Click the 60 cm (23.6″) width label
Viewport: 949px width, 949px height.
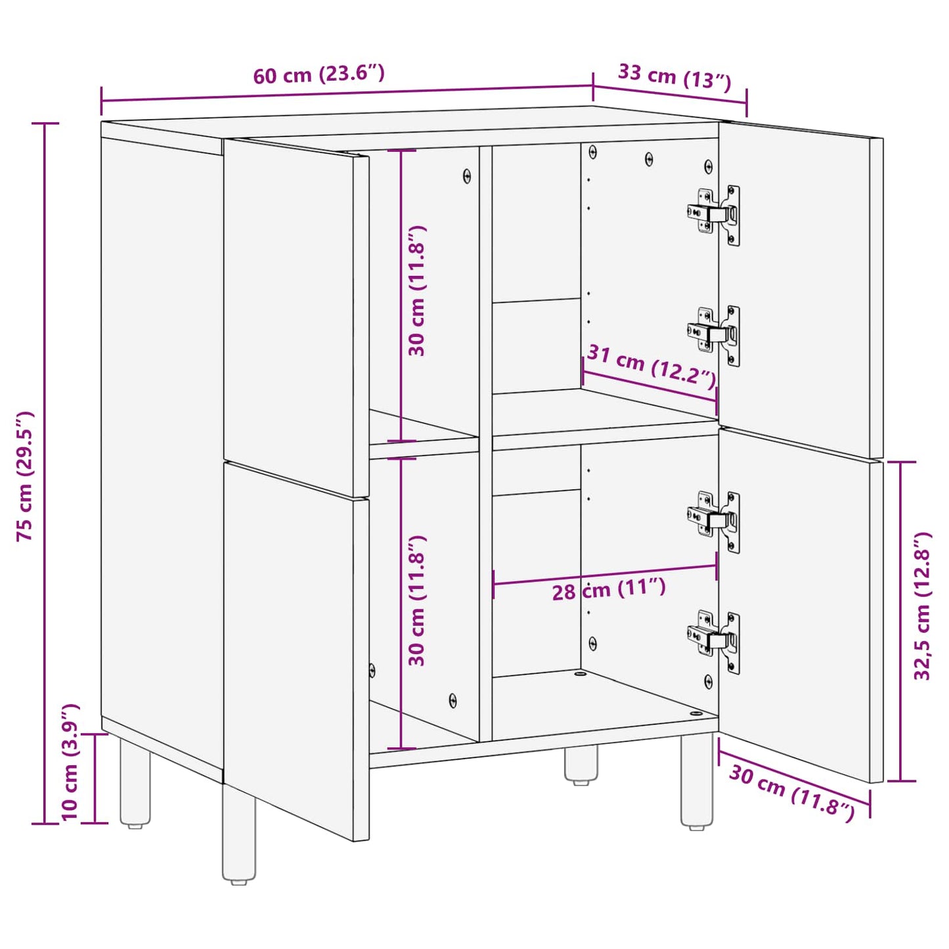coord(319,74)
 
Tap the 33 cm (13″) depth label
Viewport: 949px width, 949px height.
coord(674,76)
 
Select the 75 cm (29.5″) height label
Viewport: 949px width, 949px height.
coord(25,475)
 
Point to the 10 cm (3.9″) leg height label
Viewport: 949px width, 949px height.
coord(70,762)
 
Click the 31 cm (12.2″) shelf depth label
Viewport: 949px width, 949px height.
coord(651,365)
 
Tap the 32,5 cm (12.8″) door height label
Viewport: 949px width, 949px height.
coord(923,606)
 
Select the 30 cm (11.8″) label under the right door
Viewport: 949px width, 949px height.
coord(791,793)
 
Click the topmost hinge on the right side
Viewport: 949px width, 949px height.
coord(715,214)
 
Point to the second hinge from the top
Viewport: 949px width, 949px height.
coord(715,334)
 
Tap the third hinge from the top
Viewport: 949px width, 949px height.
coord(715,521)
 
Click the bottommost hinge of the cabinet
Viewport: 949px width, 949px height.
coord(715,640)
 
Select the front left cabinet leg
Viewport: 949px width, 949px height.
coord(239,834)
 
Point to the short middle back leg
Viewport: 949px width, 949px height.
coord(581,764)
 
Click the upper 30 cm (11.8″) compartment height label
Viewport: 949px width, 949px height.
coord(417,291)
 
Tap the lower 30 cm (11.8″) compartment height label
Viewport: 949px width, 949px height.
coord(417,600)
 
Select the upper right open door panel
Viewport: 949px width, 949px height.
coord(800,289)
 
